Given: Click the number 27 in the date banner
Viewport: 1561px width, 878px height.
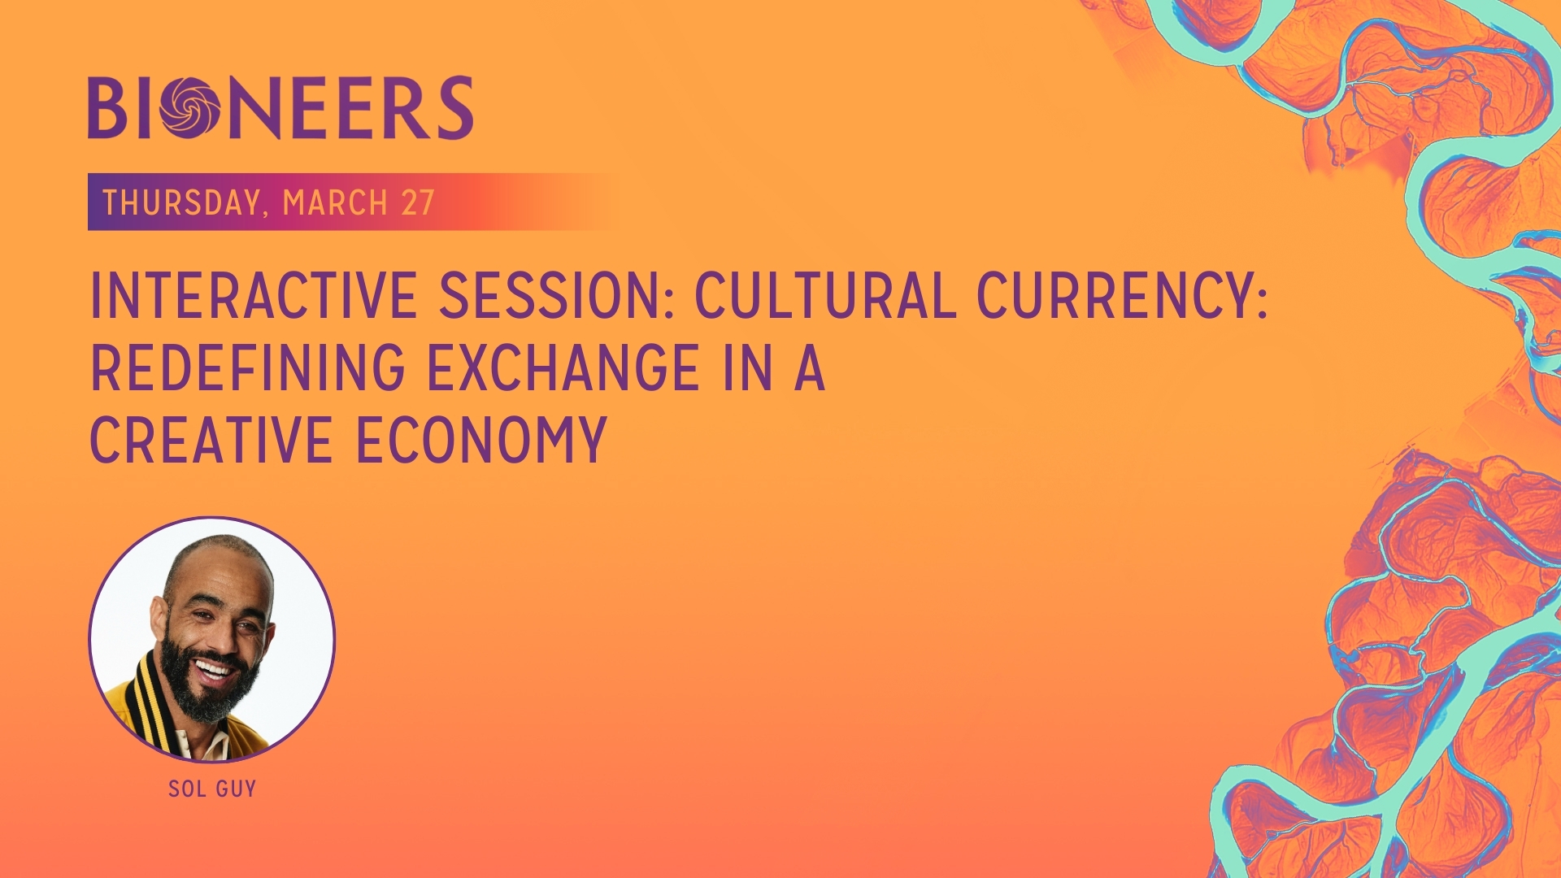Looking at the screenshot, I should [418, 202].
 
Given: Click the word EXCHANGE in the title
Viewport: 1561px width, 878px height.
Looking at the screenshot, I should [563, 368].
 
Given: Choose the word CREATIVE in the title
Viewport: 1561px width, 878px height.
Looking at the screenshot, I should [211, 441].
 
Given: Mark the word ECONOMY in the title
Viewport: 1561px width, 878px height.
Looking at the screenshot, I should [482, 441].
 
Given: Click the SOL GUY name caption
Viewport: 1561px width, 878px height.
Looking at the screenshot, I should [212, 789].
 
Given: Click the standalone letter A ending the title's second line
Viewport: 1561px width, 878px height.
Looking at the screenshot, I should [809, 368].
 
